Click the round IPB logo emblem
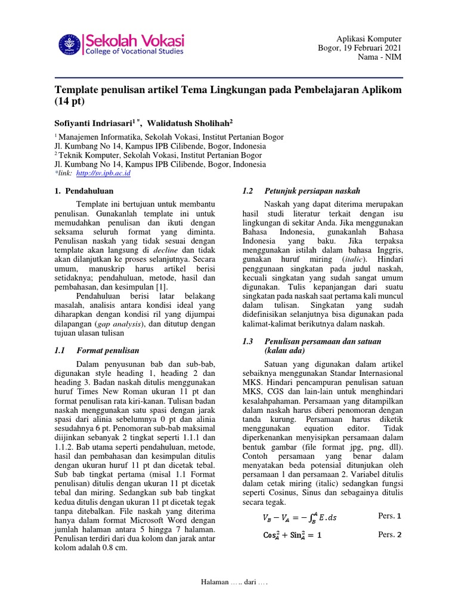[70, 45]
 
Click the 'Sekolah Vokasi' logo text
[135, 40]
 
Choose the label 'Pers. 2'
[391, 535]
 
